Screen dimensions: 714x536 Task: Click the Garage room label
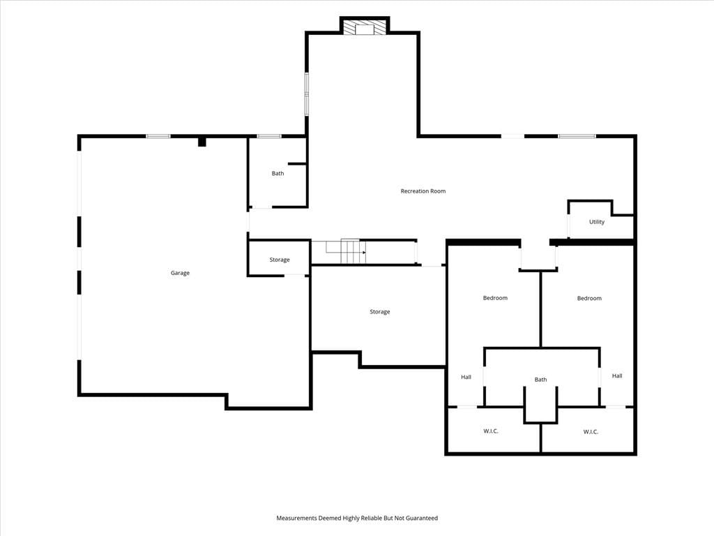click(180, 273)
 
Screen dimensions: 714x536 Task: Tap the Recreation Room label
click(423, 191)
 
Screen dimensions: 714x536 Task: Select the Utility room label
click(597, 222)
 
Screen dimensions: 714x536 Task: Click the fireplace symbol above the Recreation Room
click(364, 27)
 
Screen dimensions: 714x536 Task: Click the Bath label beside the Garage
click(278, 173)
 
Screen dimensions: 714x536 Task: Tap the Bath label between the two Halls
click(540, 379)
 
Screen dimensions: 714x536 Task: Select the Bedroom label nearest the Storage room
click(495, 297)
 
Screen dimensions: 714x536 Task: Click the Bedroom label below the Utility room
click(589, 298)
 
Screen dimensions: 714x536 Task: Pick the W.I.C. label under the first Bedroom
click(490, 431)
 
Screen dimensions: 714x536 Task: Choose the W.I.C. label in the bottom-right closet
click(591, 431)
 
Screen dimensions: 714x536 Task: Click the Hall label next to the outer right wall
click(617, 375)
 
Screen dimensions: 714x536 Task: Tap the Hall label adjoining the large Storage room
click(466, 377)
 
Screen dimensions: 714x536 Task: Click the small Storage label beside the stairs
click(280, 260)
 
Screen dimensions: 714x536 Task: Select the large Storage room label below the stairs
click(380, 312)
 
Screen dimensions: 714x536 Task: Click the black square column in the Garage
click(202, 142)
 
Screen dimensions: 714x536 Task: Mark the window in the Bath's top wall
click(269, 136)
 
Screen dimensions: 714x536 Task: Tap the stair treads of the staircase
click(353, 251)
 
